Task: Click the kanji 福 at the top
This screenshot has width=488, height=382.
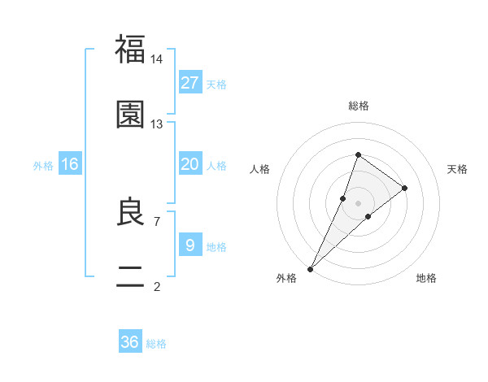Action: coord(130,49)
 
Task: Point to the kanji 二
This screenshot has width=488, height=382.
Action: coord(130,276)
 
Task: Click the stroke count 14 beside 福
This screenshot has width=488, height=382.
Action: coord(157,59)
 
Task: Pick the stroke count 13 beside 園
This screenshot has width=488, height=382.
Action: coord(157,124)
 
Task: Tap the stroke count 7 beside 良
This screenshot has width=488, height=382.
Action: coord(157,220)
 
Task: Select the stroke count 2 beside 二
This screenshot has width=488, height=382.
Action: coord(157,285)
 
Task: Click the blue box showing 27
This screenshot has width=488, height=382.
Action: coord(190,82)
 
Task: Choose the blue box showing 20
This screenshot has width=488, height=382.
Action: coord(190,163)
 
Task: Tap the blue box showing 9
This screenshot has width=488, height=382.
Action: coord(190,245)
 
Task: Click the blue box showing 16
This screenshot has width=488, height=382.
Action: coord(70,164)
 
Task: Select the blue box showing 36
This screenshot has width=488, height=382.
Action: coord(130,342)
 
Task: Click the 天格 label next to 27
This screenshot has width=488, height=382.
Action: coord(216,85)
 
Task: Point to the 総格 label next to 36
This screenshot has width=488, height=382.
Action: coord(156,345)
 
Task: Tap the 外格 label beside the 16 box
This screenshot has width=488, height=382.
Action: coord(43,166)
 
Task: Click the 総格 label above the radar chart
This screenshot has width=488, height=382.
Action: coord(358,106)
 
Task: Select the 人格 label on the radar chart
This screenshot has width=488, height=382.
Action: coord(260,169)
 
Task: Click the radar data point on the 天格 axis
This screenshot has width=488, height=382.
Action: coord(405,188)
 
